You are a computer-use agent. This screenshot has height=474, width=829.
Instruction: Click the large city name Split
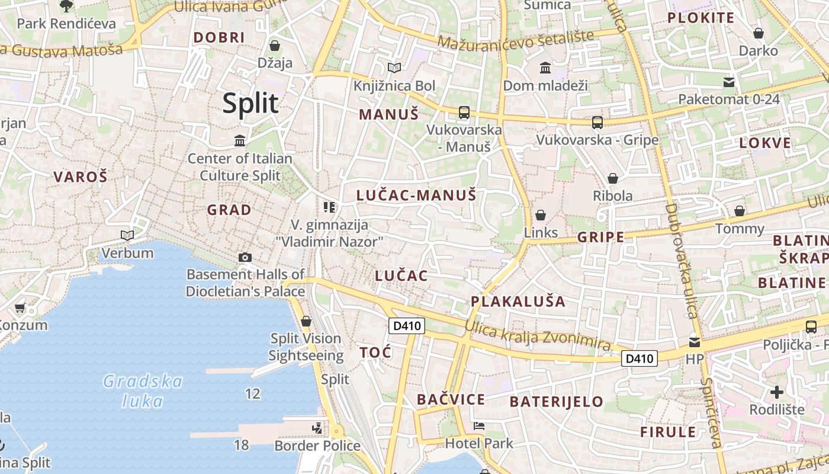250,104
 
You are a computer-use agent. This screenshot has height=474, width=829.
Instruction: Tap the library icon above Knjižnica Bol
394,68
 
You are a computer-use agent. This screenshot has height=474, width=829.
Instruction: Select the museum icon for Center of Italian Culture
240,140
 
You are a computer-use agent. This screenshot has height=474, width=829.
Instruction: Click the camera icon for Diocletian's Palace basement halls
245,257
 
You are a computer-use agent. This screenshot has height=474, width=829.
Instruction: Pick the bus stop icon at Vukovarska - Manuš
464,112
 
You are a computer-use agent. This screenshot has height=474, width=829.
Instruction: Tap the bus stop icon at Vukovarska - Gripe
597,123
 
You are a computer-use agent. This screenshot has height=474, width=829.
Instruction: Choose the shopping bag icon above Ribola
613,178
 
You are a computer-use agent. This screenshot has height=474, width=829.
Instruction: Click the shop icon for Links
540,215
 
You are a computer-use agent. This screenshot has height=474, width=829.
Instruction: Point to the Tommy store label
740,229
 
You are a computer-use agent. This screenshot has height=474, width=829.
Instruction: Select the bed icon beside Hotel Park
478,426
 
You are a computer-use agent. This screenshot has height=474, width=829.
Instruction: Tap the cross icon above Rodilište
776,392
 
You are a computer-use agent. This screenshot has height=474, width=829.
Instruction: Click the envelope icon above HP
694,342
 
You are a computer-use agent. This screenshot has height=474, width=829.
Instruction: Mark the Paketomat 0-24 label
729,99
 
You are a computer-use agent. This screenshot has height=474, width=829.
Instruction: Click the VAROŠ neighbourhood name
81,177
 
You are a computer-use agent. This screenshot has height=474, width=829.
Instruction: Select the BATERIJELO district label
556,402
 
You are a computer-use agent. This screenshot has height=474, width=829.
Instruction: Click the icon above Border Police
317,428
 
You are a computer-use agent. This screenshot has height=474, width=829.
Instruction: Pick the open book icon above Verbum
127,235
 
